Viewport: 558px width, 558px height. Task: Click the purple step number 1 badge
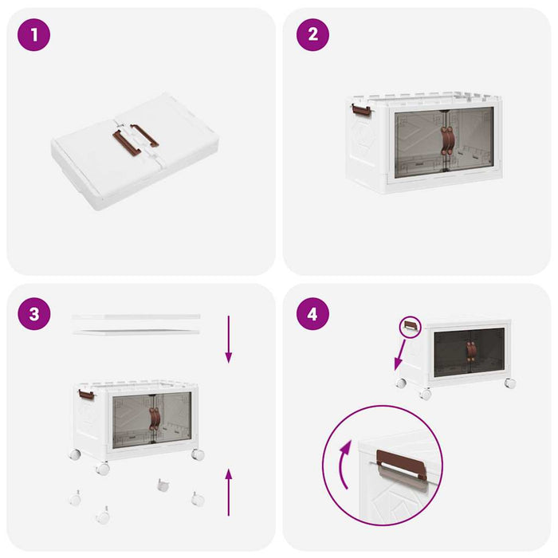(x=33, y=34)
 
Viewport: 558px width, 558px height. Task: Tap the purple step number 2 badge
(x=312, y=34)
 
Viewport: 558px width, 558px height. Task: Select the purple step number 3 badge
(x=33, y=313)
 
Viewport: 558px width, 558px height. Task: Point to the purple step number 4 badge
(x=312, y=313)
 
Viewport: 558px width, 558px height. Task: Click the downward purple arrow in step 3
(x=228, y=339)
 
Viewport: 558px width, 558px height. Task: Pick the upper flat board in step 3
(x=136, y=316)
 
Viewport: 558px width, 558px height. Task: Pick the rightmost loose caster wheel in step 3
(x=196, y=500)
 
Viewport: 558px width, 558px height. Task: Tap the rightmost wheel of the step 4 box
(x=509, y=383)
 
